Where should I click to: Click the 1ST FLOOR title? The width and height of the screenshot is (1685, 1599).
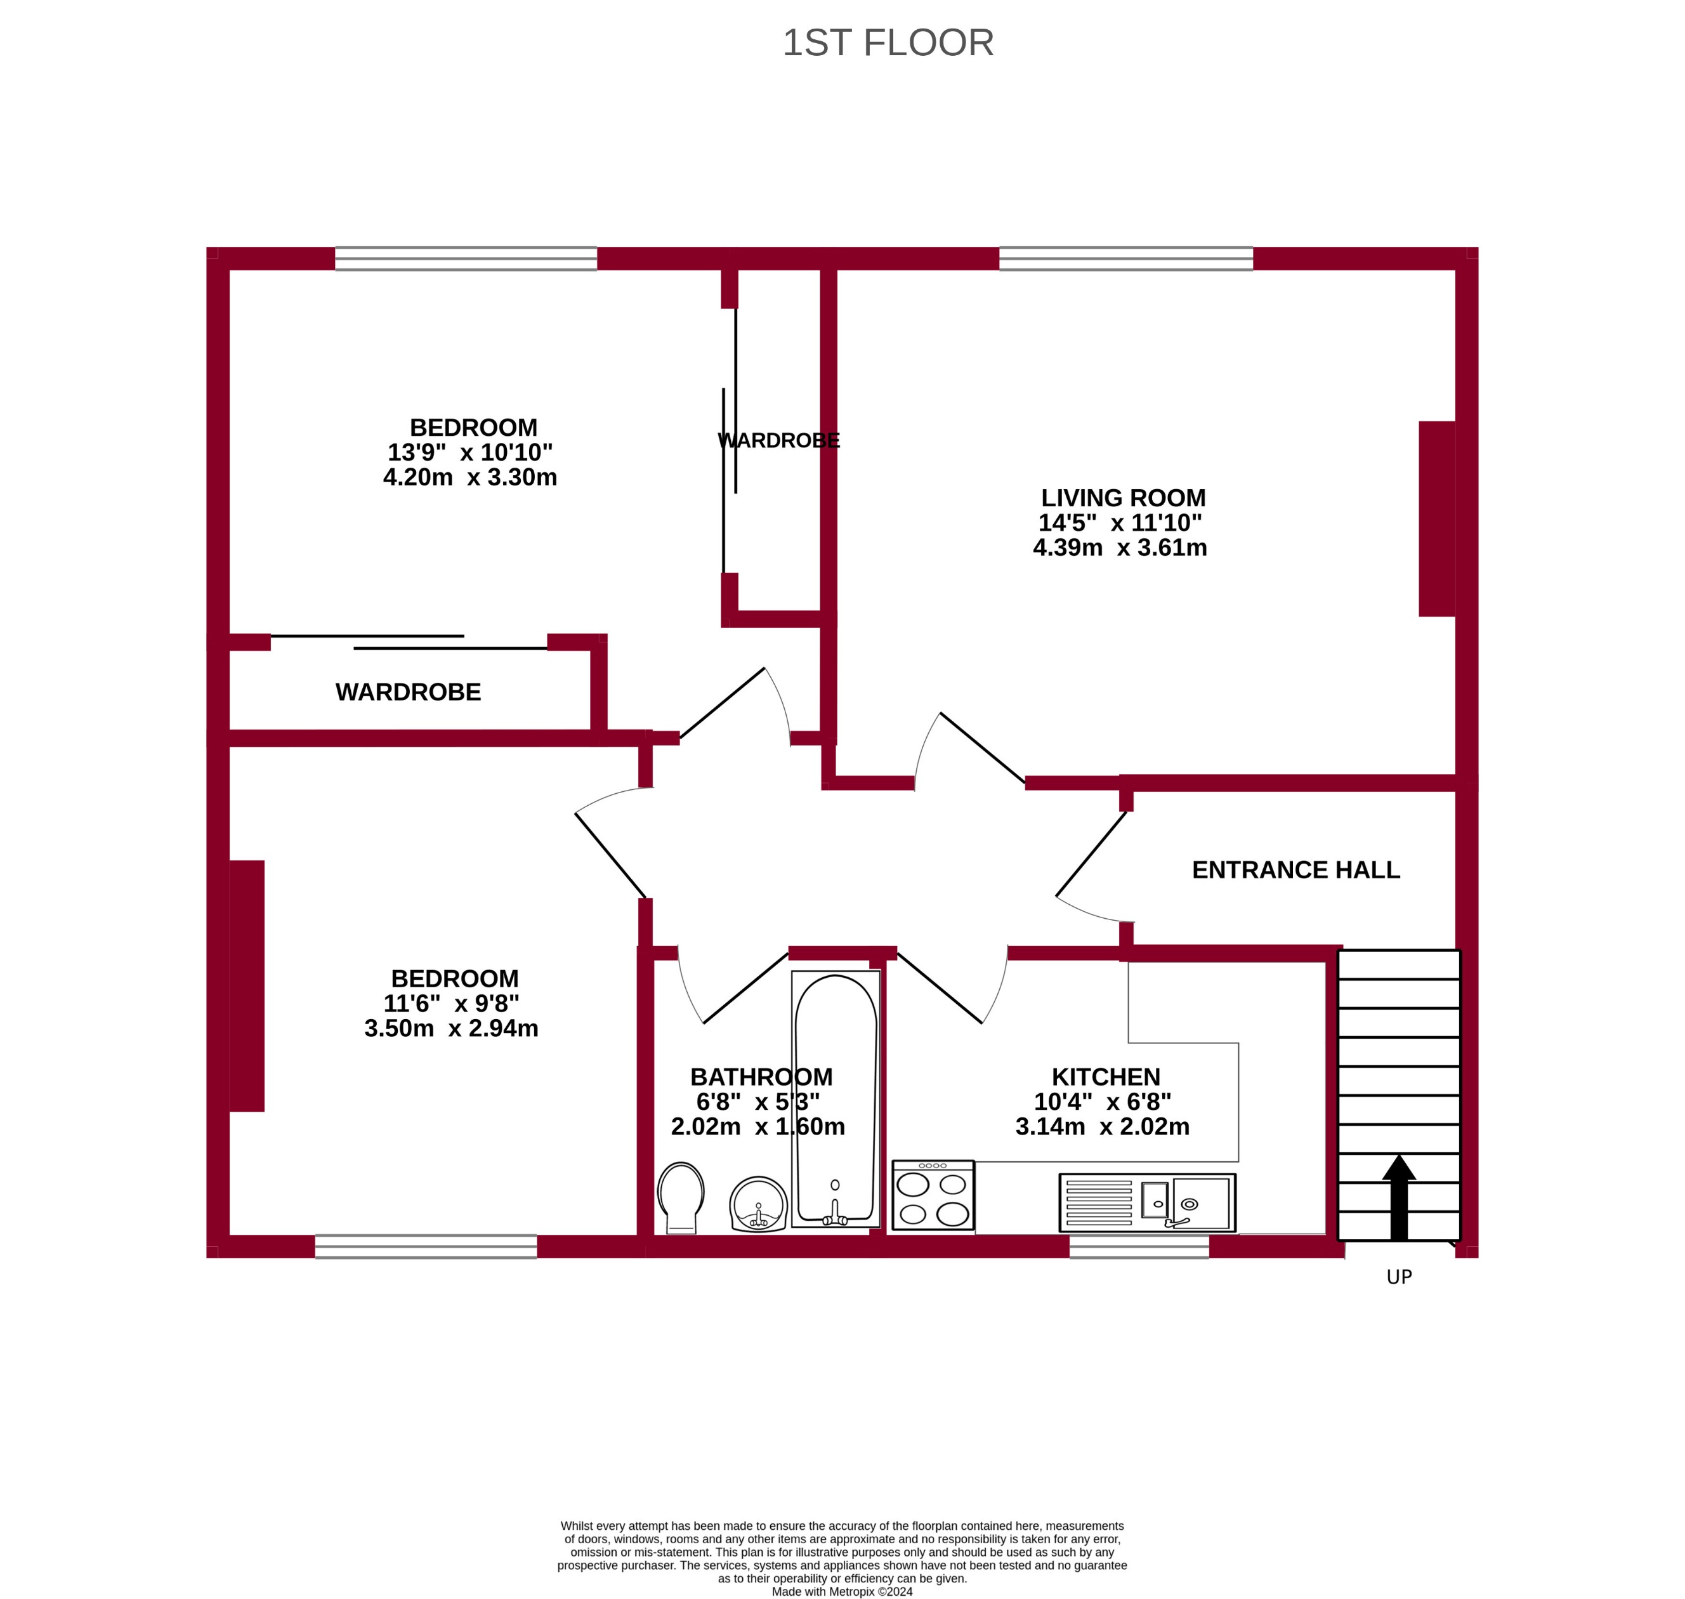[888, 43]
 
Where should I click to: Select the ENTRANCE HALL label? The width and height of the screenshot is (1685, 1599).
[1295, 869]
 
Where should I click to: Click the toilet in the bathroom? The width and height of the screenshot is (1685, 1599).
[681, 1196]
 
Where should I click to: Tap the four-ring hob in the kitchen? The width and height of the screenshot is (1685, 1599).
[933, 1195]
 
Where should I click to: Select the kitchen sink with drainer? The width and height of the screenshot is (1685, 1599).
[1146, 1202]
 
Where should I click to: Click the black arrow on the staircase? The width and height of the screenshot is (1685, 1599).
[1399, 1197]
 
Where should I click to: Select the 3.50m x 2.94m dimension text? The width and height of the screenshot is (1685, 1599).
[451, 1028]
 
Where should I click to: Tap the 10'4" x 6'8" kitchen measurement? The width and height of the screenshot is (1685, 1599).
[1102, 1102]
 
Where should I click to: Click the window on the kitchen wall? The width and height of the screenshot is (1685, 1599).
[1139, 1246]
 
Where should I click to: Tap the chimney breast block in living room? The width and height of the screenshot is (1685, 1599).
[1436, 518]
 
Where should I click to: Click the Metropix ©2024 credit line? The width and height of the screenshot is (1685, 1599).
[841, 1591]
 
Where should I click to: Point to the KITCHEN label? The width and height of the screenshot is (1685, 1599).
[1105, 1077]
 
